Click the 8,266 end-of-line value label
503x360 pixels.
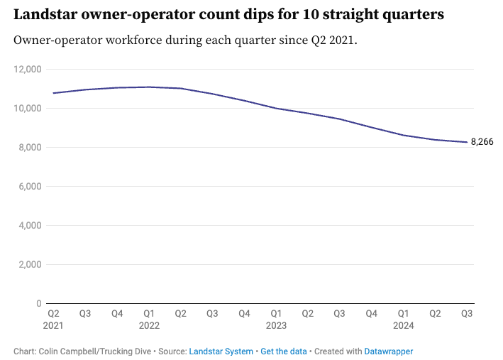point(482,141)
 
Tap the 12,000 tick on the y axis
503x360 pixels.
point(28,69)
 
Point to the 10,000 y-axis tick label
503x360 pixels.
point(28,108)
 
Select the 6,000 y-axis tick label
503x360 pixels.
point(30,186)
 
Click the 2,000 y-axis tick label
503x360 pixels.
point(30,264)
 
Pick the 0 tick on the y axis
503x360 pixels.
point(39,303)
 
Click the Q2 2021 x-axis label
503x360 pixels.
point(53,320)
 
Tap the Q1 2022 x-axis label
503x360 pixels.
point(149,320)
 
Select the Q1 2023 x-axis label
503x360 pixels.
point(276,320)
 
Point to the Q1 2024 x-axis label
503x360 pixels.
point(403,320)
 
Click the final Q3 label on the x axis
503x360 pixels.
point(467,313)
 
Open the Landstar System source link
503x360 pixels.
point(221,351)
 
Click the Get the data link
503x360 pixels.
point(284,351)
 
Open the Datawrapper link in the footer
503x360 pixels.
point(389,351)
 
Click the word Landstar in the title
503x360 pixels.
point(45,14)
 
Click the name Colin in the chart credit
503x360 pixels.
point(48,351)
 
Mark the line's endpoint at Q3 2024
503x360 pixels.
point(467,142)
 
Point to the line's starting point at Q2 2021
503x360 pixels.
point(53,93)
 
